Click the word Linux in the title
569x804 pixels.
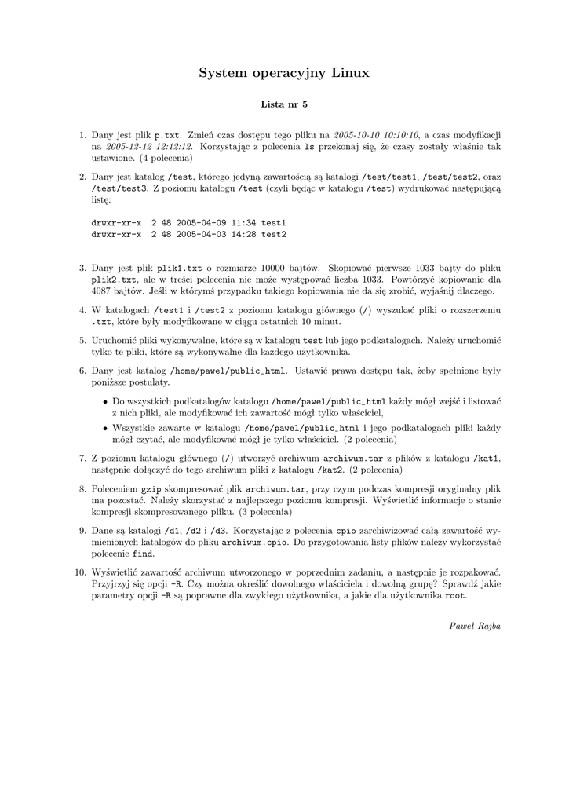[x=350, y=73]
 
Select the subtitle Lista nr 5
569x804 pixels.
[x=284, y=104]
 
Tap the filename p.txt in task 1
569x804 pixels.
[x=166, y=135]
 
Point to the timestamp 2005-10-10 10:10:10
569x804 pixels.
[x=376, y=135]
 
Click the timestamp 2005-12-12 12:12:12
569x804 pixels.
[x=149, y=147]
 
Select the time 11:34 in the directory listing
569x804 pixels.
[x=239, y=223]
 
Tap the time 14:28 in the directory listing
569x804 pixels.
[x=239, y=234]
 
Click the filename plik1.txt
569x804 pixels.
[x=180, y=268]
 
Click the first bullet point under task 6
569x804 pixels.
[x=105, y=401]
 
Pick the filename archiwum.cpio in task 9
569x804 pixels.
[x=255, y=542]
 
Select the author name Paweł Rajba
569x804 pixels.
[x=475, y=626]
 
